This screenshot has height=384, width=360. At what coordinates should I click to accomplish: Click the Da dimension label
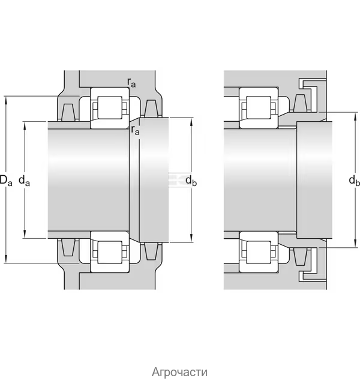(5, 180)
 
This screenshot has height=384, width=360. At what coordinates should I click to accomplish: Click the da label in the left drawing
(24, 181)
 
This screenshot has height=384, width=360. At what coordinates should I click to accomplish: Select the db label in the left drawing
(191, 181)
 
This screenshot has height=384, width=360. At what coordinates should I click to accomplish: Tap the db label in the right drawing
(354, 181)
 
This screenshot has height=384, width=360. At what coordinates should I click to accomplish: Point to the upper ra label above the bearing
(131, 83)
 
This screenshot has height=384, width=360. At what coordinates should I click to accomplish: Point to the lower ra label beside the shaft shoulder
(135, 130)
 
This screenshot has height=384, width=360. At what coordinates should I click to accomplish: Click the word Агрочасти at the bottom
(179, 372)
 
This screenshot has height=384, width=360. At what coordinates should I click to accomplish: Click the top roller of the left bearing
(110, 108)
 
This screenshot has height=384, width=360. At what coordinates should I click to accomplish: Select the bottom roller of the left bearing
(110, 253)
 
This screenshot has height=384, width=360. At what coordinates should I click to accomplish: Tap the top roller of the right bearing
(259, 108)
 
